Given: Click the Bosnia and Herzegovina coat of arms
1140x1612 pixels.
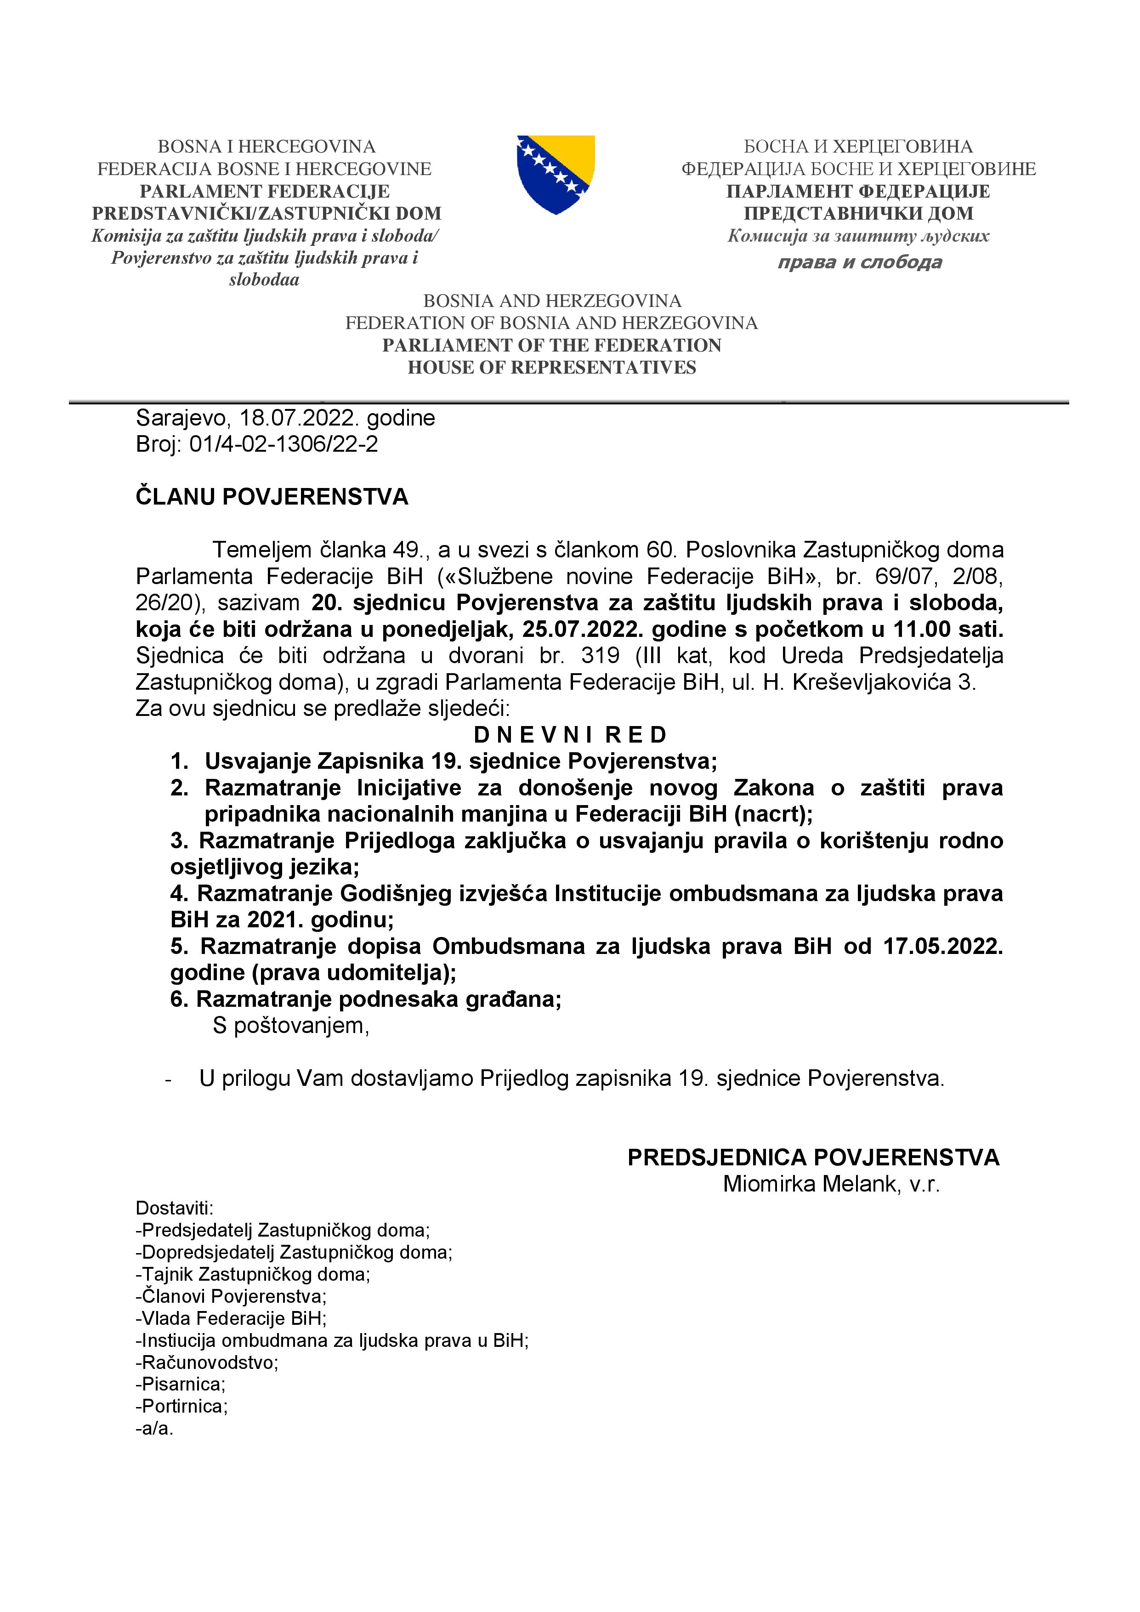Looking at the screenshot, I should (555, 174).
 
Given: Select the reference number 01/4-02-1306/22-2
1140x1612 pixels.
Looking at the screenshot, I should (284, 444).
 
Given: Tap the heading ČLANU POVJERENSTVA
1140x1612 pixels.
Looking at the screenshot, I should (272, 497).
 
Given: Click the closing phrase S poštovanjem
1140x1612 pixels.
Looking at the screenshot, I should (290, 1025).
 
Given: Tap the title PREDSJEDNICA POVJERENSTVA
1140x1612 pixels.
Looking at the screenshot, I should (813, 1157).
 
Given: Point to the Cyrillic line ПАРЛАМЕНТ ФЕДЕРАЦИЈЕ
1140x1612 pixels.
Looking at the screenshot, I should (858, 191).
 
